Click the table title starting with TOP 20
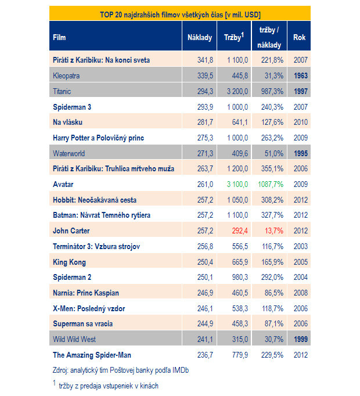coord(180,15)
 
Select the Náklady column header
coord(200,38)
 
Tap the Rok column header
coord(300,38)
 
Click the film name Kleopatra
coord(66,75)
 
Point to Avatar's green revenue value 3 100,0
coord(237,185)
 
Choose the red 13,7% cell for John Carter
coord(274,231)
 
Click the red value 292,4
coord(240,231)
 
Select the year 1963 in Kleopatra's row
coord(301,75)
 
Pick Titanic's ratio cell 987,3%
coord(272,91)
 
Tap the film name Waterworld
coord(69,153)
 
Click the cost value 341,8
coord(205,60)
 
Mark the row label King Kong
coord(69,262)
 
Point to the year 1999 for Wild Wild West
coord(301,340)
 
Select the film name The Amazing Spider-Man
coord(92,355)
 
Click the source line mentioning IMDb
coord(121,370)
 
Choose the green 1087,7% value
coord(271,185)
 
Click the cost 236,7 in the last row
coord(205,355)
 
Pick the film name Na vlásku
coord(67,123)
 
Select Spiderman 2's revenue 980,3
coord(240,278)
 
